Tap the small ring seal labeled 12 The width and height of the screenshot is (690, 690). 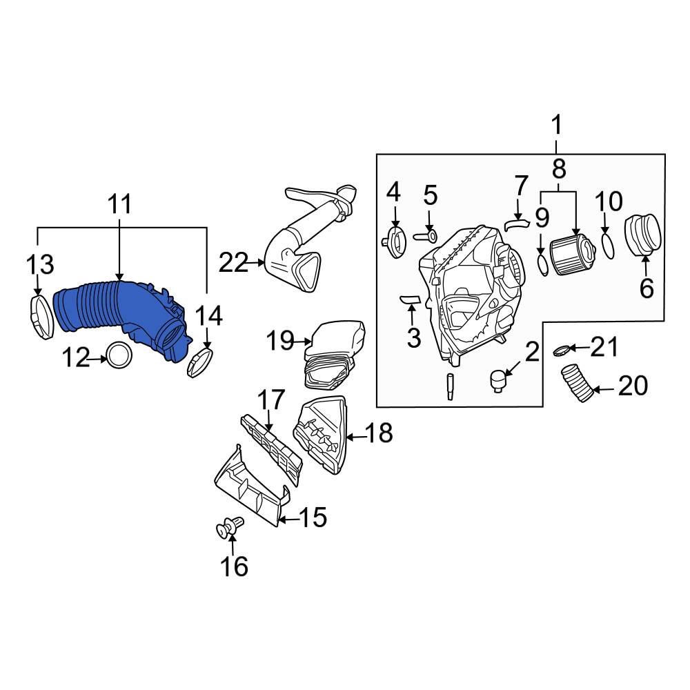tap(119, 355)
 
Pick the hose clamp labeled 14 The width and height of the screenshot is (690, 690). tap(200, 363)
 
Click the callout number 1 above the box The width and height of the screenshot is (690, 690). tap(556, 126)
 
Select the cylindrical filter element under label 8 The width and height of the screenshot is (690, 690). tap(572, 255)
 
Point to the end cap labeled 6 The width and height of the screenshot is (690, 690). tap(643, 235)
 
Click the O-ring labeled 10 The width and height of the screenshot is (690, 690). tap(607, 246)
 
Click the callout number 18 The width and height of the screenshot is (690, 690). tap(379, 433)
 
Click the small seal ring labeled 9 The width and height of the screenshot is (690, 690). tap(542, 264)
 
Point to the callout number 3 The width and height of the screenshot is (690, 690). tap(413, 337)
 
